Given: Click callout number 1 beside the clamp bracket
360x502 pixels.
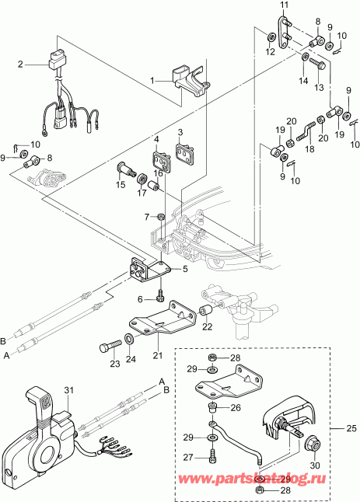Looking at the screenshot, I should coord(153,78).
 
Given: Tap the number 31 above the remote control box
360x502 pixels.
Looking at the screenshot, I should coord(68,390).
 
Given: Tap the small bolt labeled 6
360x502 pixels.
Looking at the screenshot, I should coord(159,296).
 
